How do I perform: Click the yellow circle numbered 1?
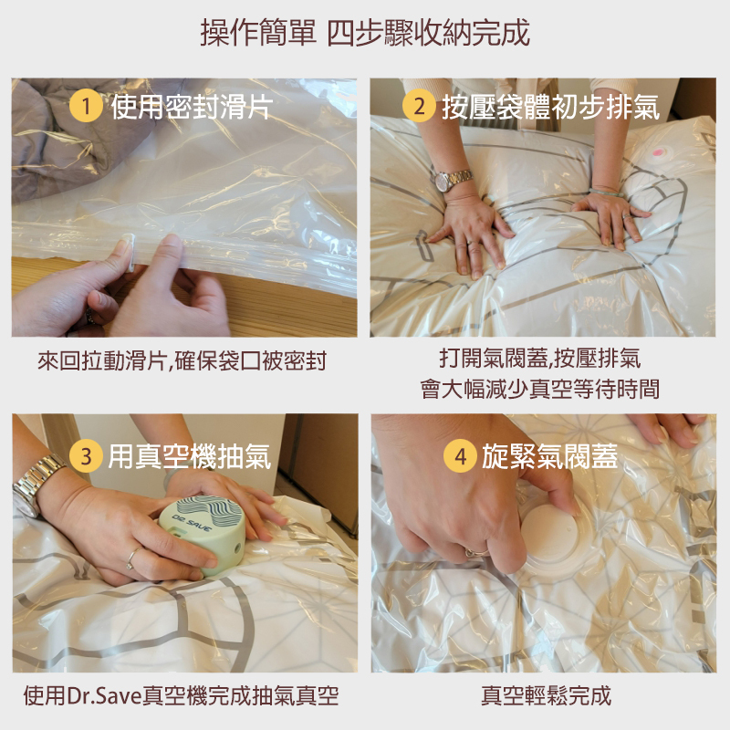tap(86, 106)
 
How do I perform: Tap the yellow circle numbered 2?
tap(419, 106)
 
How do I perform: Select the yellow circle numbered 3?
tap(86, 455)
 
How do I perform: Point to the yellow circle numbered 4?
tap(460, 455)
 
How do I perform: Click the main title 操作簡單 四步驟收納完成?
tap(365, 33)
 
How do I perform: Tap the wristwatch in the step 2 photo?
tap(452, 180)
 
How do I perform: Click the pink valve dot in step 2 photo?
tap(658, 151)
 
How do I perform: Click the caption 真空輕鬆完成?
tap(546, 695)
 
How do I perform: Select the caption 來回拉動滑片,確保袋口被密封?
tap(182, 360)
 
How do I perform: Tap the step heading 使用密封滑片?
tap(192, 107)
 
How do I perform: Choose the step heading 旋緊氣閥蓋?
tap(550, 455)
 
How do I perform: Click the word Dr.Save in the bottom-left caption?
tap(104, 696)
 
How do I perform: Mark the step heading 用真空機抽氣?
tap(190, 455)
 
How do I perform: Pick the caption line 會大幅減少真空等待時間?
tap(539, 390)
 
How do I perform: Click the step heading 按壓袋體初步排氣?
tap(551, 107)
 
